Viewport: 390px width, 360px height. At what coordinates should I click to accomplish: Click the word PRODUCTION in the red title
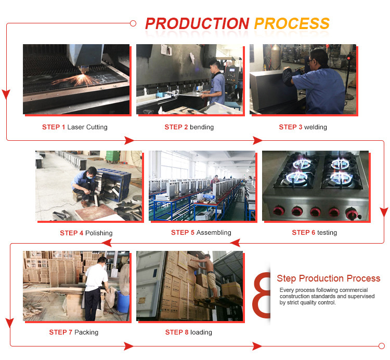point(197,23)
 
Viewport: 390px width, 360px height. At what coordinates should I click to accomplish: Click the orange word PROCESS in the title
point(292,23)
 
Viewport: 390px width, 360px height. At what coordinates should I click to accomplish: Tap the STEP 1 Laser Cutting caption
point(75,127)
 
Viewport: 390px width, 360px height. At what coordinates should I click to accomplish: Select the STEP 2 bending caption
point(189,127)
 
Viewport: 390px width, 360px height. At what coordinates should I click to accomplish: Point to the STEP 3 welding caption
point(303,127)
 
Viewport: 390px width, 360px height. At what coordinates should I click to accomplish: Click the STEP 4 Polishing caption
point(86,233)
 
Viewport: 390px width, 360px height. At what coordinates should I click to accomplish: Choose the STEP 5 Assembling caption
point(201,233)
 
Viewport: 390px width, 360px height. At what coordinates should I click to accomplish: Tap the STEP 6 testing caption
point(315,233)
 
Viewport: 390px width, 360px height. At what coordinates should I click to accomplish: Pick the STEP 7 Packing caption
point(74,332)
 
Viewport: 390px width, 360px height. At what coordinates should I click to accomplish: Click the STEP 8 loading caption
point(189,332)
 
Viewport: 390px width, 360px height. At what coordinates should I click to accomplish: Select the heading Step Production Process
point(329,279)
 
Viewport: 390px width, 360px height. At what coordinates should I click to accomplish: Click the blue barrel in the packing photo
point(122,301)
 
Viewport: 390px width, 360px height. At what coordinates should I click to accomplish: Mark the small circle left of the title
point(133,23)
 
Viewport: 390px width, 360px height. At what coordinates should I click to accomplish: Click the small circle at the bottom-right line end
point(382,346)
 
